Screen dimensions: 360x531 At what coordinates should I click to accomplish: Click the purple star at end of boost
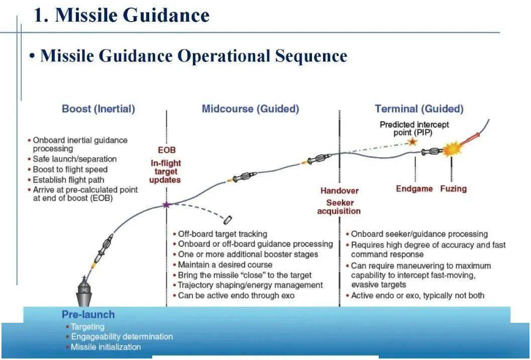tap(166, 205)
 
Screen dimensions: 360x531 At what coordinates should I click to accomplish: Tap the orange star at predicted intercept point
tap(412, 142)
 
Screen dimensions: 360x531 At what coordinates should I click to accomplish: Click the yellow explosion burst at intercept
tap(451, 149)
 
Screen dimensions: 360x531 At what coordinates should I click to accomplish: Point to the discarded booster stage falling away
tap(228, 220)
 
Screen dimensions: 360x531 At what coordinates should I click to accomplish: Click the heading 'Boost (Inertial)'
tap(98, 109)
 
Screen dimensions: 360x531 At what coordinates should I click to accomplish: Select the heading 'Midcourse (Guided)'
tap(250, 109)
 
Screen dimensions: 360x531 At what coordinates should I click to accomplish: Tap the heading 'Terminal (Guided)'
tap(419, 109)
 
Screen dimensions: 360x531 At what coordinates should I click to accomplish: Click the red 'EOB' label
tap(167, 150)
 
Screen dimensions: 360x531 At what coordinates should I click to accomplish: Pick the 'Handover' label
tap(340, 191)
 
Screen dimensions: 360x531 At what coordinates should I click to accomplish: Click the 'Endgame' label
tap(414, 189)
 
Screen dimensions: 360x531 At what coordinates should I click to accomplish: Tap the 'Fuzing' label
tap(453, 189)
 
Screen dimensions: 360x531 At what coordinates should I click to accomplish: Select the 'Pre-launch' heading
tap(88, 315)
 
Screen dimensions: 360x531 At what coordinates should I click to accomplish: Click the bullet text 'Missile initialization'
tap(105, 347)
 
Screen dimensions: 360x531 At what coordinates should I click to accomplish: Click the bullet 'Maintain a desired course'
tap(225, 264)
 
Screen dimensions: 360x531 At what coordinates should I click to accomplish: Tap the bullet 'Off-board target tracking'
tap(223, 234)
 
